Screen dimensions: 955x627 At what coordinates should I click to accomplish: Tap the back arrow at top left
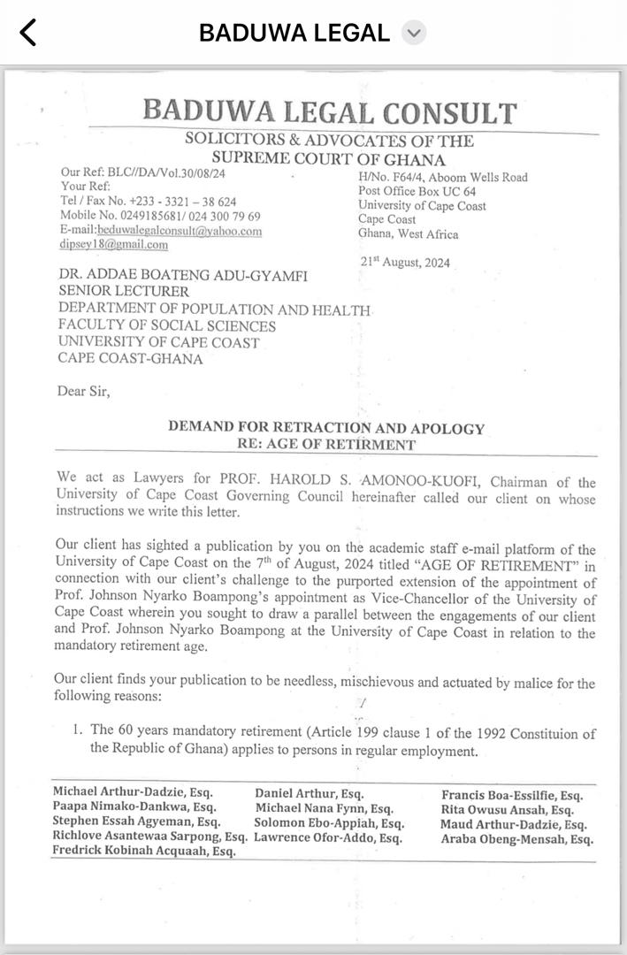pos(28,33)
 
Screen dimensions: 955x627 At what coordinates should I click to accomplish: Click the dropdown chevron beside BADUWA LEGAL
pos(413,34)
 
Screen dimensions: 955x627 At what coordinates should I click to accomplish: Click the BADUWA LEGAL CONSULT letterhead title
pos(329,112)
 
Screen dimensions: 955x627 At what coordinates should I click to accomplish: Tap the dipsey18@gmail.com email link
pos(114,245)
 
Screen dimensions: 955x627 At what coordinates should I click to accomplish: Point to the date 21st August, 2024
pos(404,262)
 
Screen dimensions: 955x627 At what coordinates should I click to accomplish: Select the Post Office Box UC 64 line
pos(417,192)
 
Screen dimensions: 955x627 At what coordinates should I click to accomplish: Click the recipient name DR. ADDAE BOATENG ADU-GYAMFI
pos(183,276)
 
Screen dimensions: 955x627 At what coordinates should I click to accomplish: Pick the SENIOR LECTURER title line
pos(124,291)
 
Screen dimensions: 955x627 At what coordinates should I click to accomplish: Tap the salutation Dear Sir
pos(84,391)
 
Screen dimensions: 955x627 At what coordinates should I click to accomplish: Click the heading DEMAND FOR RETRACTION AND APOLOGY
pos(326,428)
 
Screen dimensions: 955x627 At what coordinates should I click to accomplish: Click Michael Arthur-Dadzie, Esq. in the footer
pos(133,793)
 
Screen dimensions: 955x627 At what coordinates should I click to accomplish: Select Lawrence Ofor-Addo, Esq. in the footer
pos(328,837)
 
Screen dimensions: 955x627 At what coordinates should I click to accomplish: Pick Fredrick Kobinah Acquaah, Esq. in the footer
pos(144,852)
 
